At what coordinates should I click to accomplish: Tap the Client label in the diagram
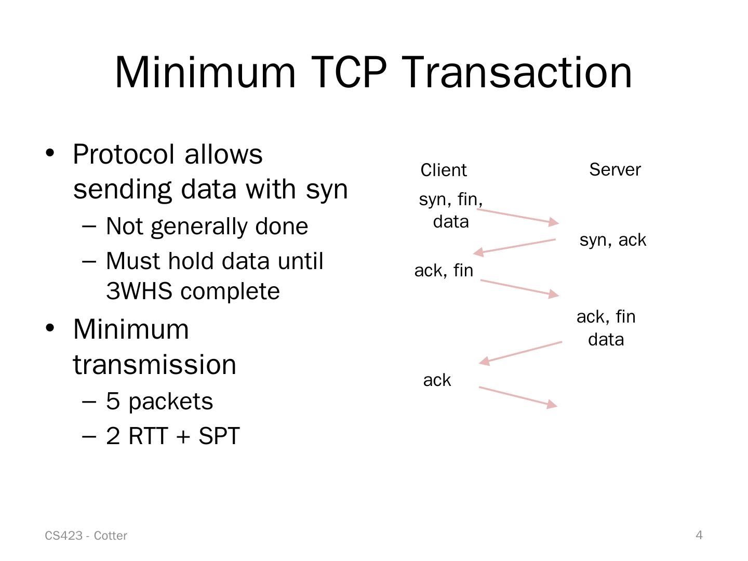pyautogui.click(x=444, y=170)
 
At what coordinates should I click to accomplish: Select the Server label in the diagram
pyautogui.click(x=615, y=169)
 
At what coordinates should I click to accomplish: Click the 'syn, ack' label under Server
pyautogui.click(x=613, y=240)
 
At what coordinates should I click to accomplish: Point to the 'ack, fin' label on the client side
pyautogui.click(x=444, y=271)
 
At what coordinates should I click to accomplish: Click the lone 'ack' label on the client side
pyautogui.click(x=437, y=380)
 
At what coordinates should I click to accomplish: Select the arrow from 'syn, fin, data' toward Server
pyautogui.click(x=517, y=216)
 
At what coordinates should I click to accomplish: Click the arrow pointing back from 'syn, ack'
pyautogui.click(x=515, y=246)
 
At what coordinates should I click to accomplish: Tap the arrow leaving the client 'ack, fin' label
pyautogui.click(x=519, y=288)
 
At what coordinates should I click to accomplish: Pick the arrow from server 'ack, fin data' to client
pyautogui.click(x=520, y=352)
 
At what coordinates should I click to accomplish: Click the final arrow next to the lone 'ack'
pyautogui.click(x=517, y=396)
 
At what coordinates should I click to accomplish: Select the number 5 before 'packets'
pyautogui.click(x=113, y=402)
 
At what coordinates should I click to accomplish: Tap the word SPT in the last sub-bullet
pyautogui.click(x=219, y=436)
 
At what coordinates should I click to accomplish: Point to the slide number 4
pyautogui.click(x=699, y=535)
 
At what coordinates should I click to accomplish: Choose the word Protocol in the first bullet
pyautogui.click(x=124, y=154)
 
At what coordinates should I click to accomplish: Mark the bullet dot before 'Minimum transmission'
pyautogui.click(x=50, y=329)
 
